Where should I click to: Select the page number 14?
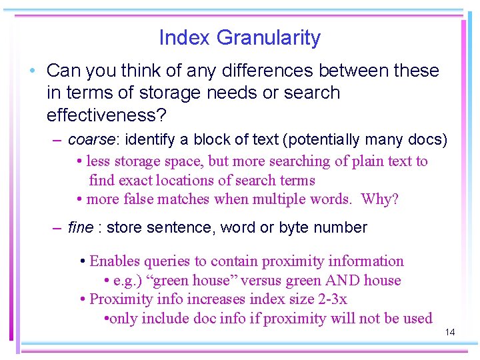449,331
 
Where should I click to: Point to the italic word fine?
81,228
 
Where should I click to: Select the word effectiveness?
106,115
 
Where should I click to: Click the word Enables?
114,261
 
